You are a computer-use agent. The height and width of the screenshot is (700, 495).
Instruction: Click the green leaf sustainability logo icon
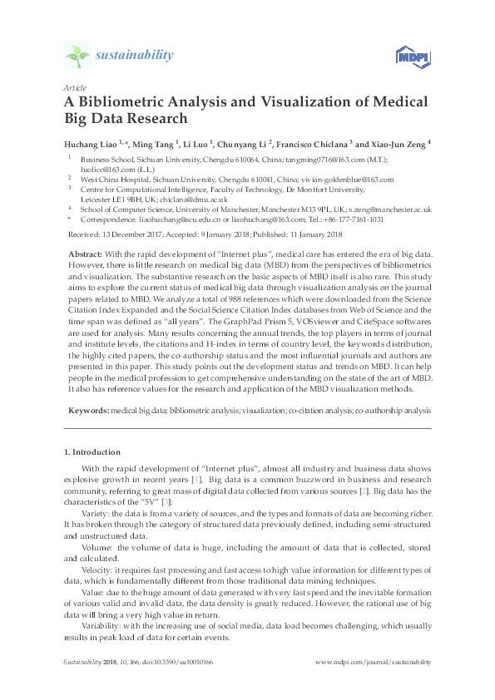(x=77, y=56)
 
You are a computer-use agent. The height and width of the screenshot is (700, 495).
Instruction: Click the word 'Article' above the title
(x=74, y=87)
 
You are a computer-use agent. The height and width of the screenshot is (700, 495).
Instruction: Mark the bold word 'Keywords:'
(x=87, y=410)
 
